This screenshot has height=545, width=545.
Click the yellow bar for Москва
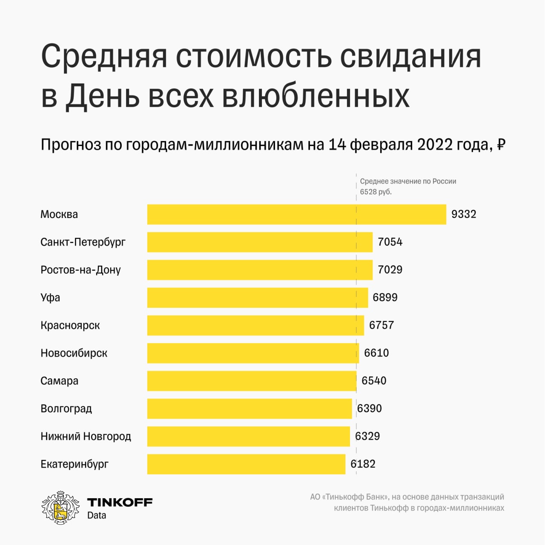(296, 214)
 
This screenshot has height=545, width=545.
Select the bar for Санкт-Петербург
(260, 242)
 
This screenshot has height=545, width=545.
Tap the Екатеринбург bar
(246, 464)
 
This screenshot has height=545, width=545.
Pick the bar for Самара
(252, 381)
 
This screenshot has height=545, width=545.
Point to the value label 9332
(464, 214)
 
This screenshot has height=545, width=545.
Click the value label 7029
(390, 270)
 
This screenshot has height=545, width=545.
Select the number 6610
(376, 353)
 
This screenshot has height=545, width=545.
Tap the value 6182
(363, 464)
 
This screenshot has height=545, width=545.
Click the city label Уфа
(50, 298)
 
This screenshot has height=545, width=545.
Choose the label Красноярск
(70, 325)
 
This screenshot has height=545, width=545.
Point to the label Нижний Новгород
(86, 436)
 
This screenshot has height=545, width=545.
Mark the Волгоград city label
(66, 409)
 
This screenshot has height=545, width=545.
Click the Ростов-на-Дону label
(80, 270)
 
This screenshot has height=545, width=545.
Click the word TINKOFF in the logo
(120, 502)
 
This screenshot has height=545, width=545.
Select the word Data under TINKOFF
(97, 515)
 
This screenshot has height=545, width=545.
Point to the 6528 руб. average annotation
(376, 192)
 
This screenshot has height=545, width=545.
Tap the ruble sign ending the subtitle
(501, 145)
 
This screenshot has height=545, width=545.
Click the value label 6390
(369, 409)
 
